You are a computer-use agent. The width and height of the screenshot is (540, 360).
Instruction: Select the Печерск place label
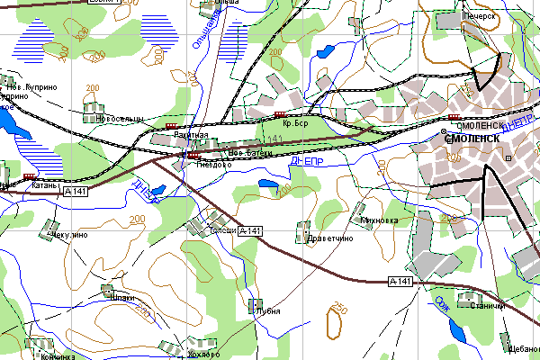click(x=480, y=16)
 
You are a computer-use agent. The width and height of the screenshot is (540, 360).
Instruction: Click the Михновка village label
click(x=378, y=220)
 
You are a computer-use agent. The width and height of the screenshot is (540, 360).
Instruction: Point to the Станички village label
click(x=486, y=306)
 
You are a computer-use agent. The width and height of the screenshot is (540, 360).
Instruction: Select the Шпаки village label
click(x=121, y=297)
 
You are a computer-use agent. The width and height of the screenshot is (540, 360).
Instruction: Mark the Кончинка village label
click(x=57, y=356)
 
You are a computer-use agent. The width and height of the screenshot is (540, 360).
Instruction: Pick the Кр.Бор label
click(x=295, y=123)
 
